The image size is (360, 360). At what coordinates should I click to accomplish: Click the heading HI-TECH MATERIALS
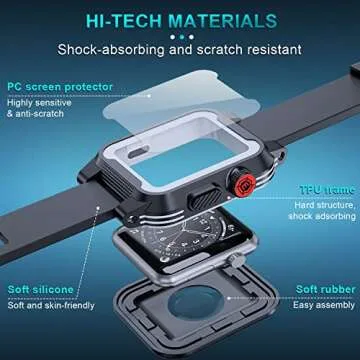[x=180, y=19]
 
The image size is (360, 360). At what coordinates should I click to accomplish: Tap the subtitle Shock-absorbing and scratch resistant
[x=180, y=47]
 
